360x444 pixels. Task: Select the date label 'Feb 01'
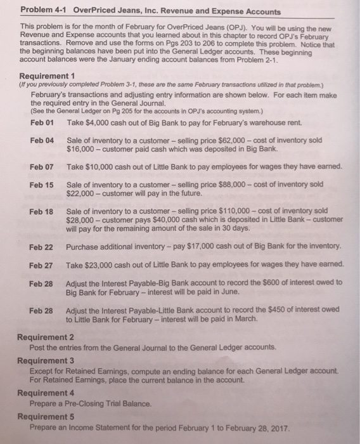pos(42,122)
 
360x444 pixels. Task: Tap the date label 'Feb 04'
pos(42,139)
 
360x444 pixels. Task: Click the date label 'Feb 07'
pos(42,166)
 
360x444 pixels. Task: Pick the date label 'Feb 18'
pos(42,211)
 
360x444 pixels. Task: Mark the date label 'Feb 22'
pos(42,245)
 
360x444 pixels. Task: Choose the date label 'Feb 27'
pos(42,264)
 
